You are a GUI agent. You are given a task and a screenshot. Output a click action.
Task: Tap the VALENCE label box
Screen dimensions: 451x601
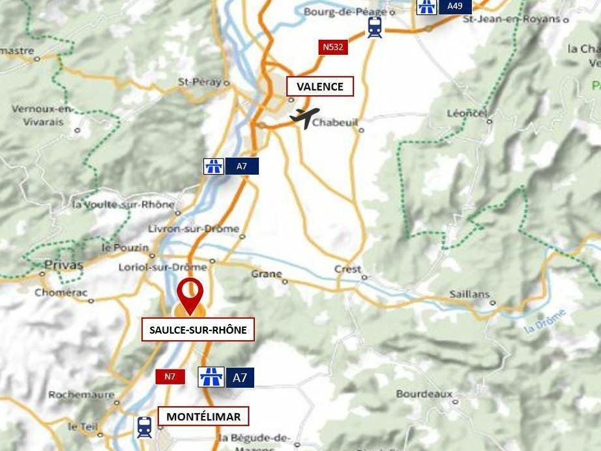[319, 87]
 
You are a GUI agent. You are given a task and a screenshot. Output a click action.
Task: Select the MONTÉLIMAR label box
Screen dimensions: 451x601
[203, 416]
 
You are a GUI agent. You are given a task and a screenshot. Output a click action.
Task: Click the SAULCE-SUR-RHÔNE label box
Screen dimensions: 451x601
[198, 330]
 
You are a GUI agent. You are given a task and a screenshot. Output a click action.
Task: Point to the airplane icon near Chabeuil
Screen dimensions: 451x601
[304, 117]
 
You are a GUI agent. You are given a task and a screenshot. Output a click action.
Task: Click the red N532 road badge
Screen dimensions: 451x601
[332, 47]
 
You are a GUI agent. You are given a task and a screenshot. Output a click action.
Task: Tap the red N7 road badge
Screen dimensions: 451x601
[169, 376]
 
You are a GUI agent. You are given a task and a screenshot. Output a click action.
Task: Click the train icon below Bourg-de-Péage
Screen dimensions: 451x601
[374, 27]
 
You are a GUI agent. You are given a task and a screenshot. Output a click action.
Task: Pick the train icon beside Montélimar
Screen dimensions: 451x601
[144, 428]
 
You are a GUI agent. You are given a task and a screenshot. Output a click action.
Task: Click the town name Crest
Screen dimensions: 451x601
[347, 269]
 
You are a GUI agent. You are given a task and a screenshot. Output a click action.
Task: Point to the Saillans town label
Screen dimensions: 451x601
[469, 294]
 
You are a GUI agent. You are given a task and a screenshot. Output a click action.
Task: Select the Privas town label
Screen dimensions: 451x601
[64, 265]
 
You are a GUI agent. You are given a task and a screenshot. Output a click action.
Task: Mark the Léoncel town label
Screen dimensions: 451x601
[467, 113]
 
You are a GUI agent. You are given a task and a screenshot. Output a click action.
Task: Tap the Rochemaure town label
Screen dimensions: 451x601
[81, 394]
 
